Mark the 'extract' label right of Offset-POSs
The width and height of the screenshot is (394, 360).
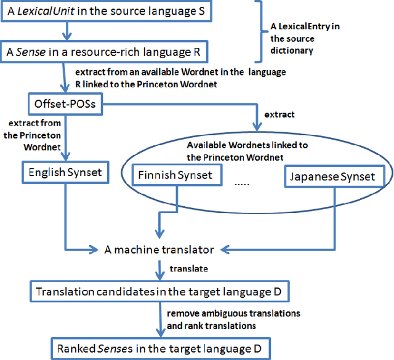279,114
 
